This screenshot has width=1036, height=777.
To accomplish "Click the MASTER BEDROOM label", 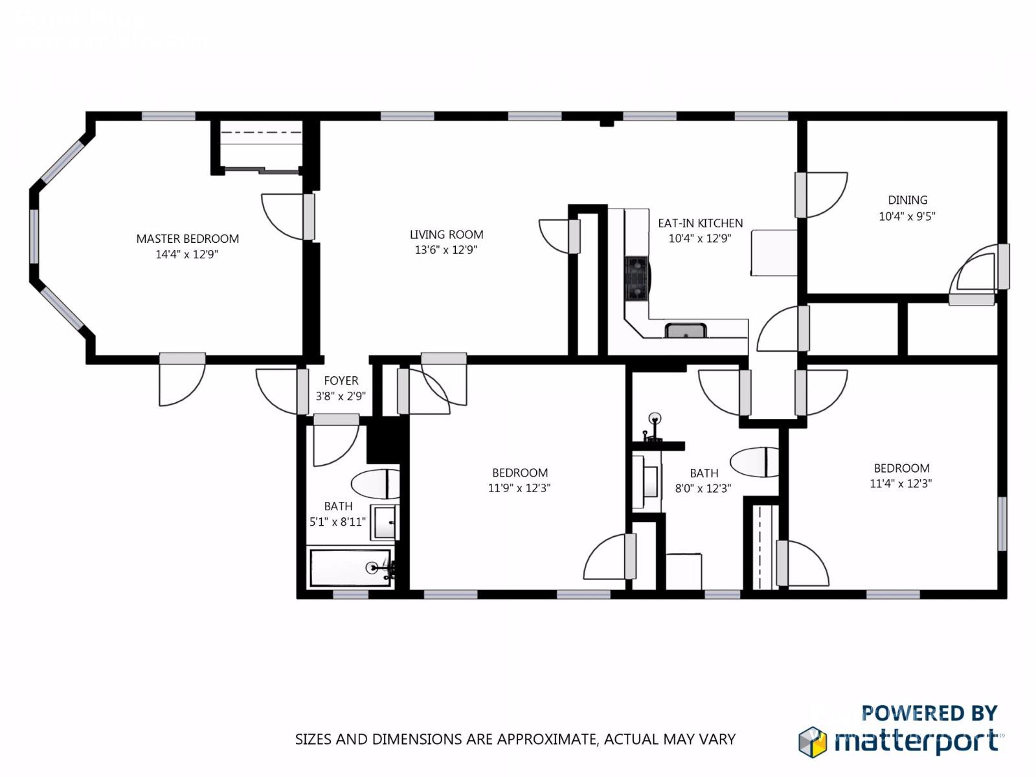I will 187,239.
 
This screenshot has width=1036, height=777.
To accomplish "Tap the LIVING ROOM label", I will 446,234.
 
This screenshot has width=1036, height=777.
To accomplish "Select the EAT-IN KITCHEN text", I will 700,223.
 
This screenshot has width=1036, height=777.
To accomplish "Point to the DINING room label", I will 907,201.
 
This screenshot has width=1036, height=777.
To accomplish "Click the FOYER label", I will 341,381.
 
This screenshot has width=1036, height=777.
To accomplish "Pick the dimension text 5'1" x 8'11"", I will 337,522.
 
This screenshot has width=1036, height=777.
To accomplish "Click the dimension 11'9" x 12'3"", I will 519,488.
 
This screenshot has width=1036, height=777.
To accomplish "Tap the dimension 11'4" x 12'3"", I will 901,483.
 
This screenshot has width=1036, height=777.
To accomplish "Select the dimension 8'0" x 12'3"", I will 703,488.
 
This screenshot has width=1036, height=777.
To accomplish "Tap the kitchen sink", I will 686,331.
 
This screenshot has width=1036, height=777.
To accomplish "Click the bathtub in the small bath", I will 350,569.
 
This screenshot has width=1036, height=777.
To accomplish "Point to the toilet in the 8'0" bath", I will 754,462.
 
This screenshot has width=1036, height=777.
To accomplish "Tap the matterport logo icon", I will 813,741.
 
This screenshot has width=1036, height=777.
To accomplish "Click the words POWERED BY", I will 929,713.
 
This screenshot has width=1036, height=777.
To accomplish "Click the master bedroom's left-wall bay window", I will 34,236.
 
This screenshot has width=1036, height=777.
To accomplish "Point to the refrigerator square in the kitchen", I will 774,253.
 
